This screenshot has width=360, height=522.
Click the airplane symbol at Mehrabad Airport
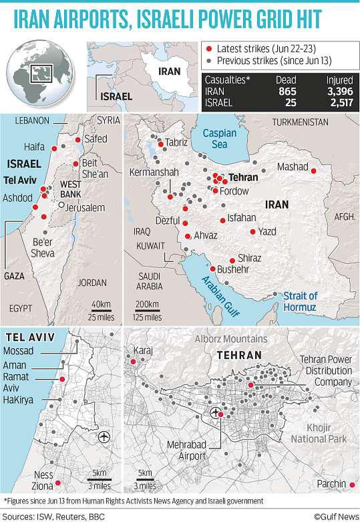(214, 412)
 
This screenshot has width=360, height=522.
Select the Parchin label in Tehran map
(332, 483)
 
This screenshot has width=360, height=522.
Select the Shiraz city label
(249, 258)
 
